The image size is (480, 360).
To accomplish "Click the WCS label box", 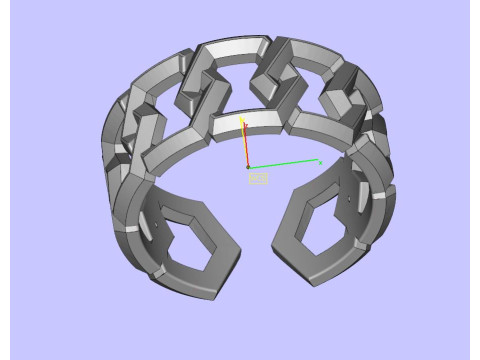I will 258,178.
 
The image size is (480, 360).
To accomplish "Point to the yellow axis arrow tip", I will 242,117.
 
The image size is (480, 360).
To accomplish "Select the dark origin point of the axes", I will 248,167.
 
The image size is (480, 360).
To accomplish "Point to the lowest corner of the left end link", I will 215,297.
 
